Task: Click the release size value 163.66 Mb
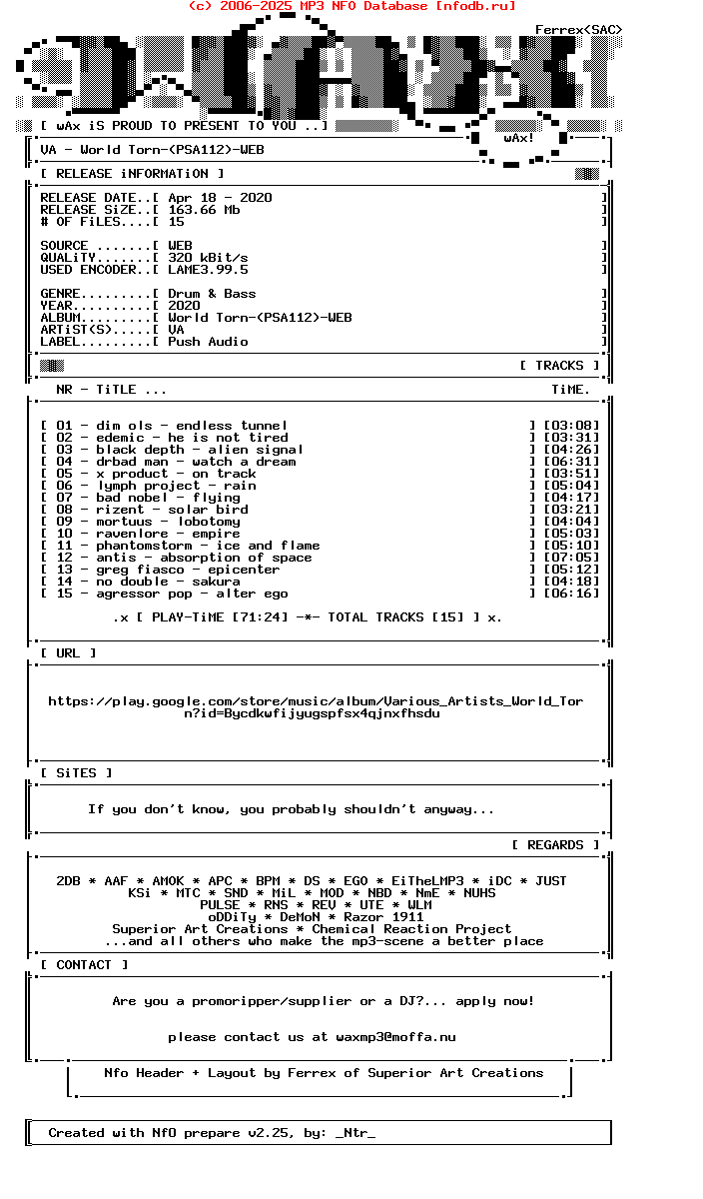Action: (204, 210)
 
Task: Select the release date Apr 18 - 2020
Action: (220, 198)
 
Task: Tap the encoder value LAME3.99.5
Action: (208, 270)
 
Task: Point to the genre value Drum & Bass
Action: (212, 294)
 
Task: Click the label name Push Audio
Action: (208, 342)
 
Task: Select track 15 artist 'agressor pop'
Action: (144, 594)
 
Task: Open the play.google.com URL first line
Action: (316, 701)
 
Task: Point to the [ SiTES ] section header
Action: (76, 773)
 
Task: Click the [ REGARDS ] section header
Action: (555, 845)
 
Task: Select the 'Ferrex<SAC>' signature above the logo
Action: (579, 30)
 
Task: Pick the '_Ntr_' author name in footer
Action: (355, 1133)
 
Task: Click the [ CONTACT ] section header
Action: (84, 965)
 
